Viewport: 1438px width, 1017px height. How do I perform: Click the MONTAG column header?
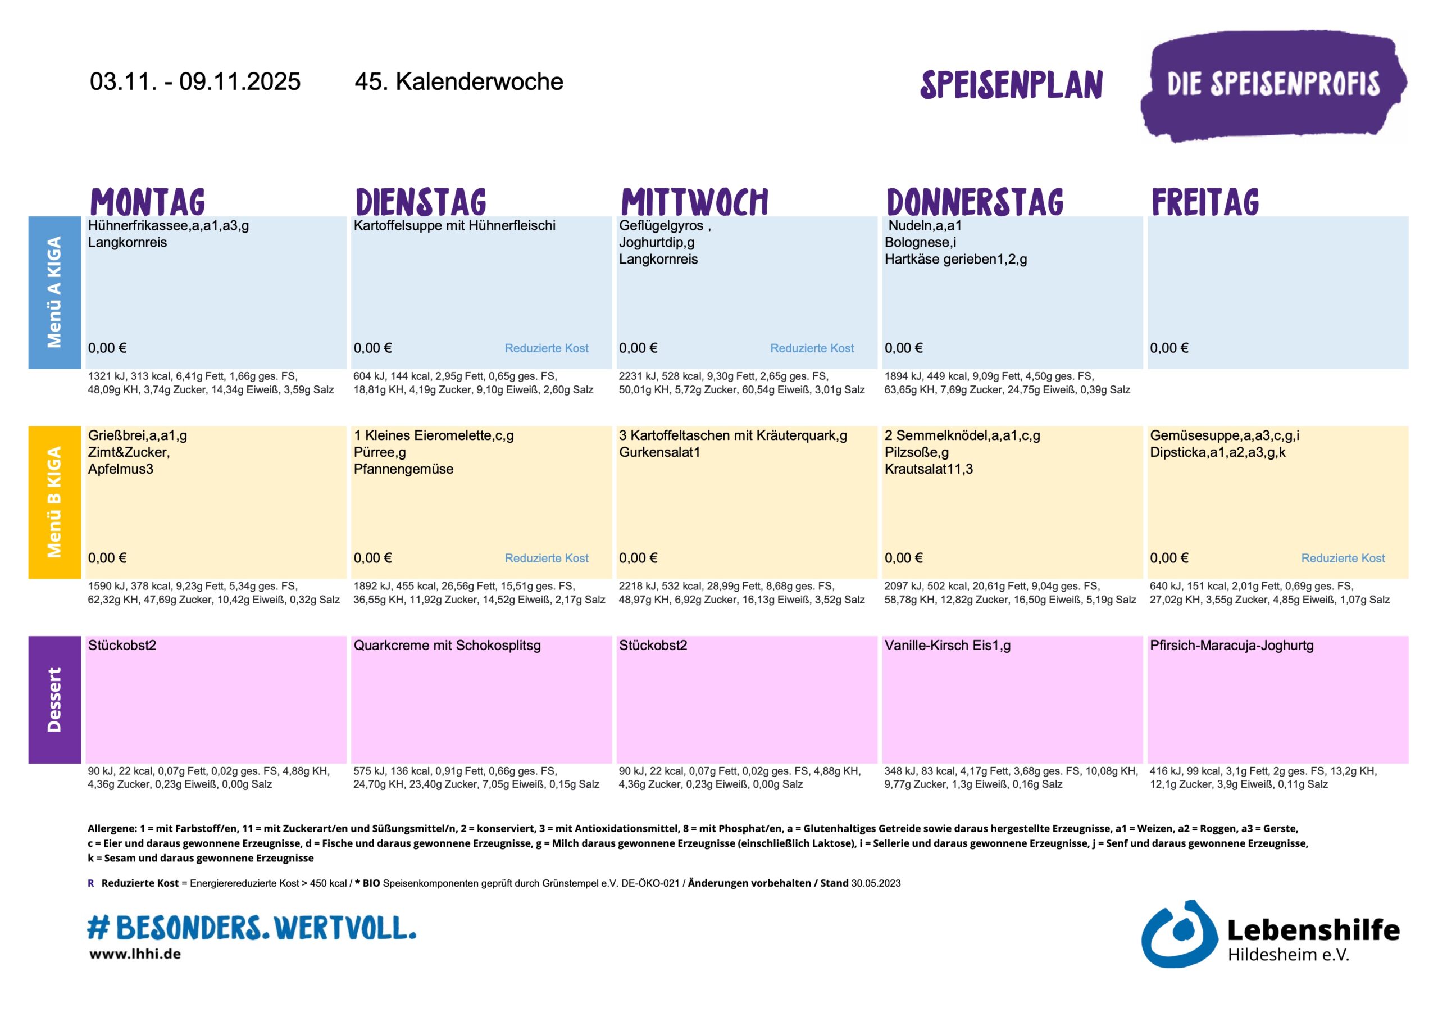148,202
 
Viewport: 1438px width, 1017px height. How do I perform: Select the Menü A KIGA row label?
54,292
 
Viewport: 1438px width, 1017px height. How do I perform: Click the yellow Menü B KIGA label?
54,502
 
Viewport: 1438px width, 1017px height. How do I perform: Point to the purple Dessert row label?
54,700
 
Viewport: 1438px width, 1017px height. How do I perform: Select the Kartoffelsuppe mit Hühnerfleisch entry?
454,225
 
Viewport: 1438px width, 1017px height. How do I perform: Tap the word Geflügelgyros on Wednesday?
661,225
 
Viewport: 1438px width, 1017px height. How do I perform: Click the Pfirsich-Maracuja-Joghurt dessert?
1231,646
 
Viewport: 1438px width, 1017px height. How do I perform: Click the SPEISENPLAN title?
1011,85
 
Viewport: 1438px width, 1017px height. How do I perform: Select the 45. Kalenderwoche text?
458,82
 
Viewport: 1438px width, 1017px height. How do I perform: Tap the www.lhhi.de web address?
135,954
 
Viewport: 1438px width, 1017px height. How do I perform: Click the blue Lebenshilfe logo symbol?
1177,933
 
